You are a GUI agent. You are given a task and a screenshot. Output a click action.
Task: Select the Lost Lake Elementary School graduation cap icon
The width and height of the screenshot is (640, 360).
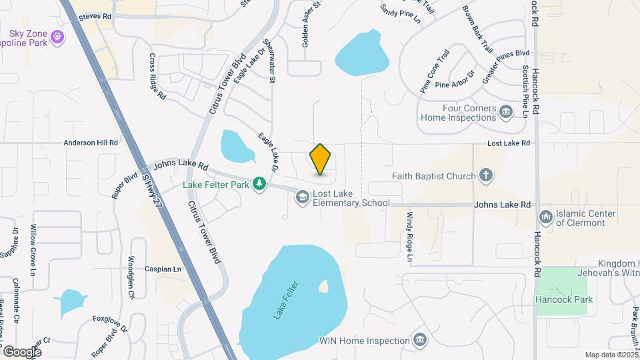[302, 196]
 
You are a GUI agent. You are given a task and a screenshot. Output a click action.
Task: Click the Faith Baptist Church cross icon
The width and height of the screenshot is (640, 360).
[487, 176]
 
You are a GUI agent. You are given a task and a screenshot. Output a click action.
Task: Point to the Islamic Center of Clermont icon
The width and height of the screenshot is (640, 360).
[546, 216]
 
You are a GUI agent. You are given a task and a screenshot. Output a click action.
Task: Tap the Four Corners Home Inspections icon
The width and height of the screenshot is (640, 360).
[506, 110]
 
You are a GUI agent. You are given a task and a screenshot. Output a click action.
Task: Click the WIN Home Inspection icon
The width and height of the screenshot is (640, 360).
[420, 341]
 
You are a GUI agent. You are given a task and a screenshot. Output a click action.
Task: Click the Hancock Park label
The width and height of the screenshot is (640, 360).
[564, 299]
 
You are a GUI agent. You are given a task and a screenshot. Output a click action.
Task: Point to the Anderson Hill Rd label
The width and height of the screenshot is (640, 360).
[91, 143]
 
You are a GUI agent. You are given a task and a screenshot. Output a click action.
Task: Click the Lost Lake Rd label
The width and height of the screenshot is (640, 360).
[508, 143]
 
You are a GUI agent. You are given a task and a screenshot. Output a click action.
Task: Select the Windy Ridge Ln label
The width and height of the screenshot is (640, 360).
[409, 237]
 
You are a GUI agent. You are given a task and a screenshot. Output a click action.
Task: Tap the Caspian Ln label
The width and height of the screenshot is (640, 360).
[163, 269]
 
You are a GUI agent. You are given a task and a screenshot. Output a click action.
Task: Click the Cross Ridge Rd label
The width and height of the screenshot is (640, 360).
[157, 77]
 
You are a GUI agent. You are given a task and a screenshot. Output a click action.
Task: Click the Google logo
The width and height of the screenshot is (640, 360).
[22, 351]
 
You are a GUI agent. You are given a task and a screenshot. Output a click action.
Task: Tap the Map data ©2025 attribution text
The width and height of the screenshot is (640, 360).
[611, 355]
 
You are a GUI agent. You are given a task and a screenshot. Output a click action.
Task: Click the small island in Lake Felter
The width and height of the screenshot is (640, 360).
[324, 287]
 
